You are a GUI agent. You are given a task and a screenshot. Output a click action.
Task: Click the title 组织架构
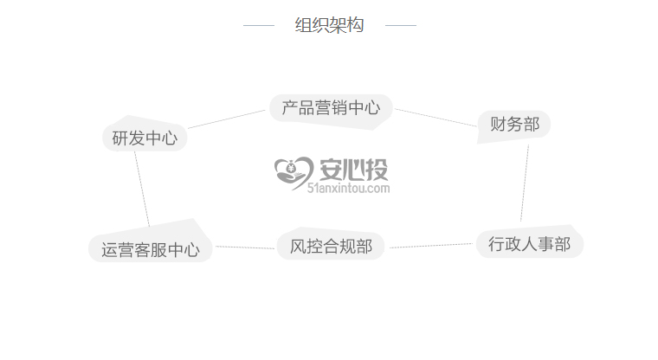pyautogui.click(x=329, y=26)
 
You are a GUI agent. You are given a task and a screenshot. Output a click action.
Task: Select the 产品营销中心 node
pyautogui.click(x=330, y=108)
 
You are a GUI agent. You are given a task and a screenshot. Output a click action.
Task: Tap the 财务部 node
pyautogui.click(x=514, y=125)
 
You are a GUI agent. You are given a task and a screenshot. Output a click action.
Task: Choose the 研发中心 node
pyautogui.click(x=145, y=138)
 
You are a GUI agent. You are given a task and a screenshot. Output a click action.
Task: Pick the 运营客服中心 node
pyautogui.click(x=150, y=250)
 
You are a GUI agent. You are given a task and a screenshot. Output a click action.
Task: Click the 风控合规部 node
pyautogui.click(x=331, y=247)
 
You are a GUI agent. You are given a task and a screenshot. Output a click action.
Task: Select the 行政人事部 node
pyautogui.click(x=529, y=244)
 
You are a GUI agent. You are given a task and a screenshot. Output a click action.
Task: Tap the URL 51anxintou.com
pyautogui.click(x=348, y=188)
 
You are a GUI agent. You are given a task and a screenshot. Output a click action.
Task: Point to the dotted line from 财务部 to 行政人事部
pyautogui.click(x=525, y=183)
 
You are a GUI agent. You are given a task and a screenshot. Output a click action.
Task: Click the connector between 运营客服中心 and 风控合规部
pyautogui.click(x=246, y=247)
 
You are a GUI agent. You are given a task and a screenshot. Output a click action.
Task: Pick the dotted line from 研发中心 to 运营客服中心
pyautogui.click(x=142, y=190)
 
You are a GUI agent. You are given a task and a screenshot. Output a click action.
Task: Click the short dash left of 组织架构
pyautogui.click(x=258, y=26)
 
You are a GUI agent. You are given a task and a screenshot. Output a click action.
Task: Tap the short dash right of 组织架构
pyautogui.click(x=400, y=26)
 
